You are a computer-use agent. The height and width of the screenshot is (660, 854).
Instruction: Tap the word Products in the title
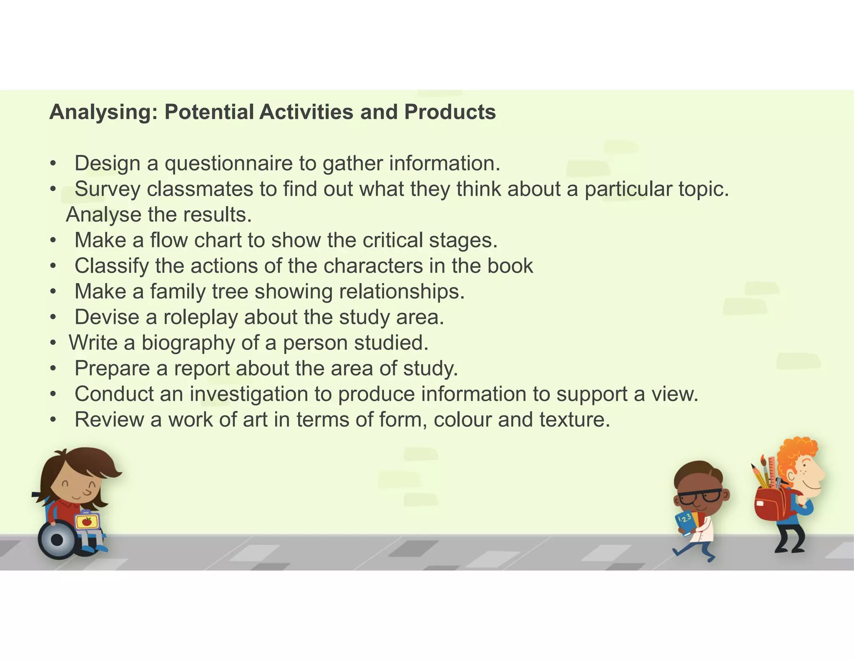450,112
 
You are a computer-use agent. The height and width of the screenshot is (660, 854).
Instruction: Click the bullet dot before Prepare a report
53,369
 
